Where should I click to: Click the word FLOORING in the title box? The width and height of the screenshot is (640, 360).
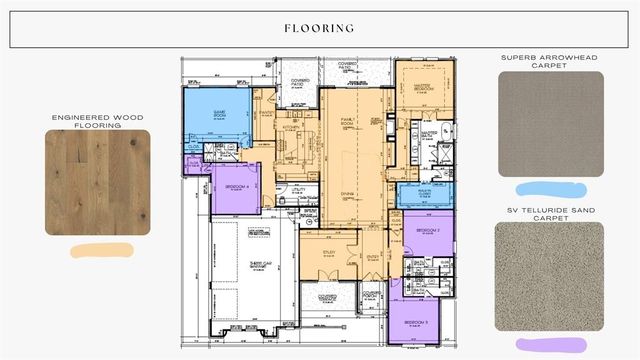pos(319,29)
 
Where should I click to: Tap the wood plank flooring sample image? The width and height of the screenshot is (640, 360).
pos(97,183)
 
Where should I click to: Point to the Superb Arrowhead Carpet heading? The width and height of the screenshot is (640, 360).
pos(550,62)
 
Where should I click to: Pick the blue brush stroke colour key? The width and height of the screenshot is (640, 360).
pos(550,187)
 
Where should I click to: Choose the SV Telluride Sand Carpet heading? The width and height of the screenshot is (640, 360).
pos(550,212)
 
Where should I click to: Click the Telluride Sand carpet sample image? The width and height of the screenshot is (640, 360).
pos(550,276)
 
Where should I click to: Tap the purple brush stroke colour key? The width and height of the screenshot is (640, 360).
pos(550,344)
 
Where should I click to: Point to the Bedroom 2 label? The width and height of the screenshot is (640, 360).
pos(429,230)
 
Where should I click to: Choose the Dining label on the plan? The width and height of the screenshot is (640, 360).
pos(348,194)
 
